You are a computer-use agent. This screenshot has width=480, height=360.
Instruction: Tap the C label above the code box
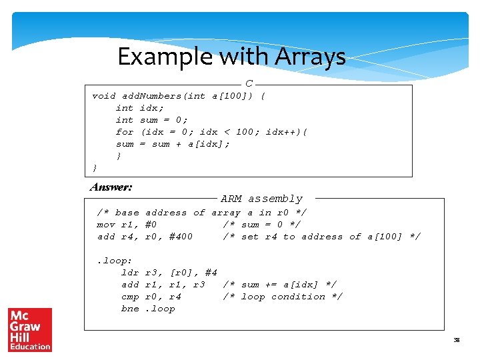pyautogui.click(x=249, y=84)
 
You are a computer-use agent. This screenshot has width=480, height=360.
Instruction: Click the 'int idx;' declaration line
pyautogui.click(x=139, y=108)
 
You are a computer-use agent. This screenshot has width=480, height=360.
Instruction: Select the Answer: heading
pyautogui.click(x=111, y=187)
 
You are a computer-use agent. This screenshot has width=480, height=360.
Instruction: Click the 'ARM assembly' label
pyautogui.click(x=261, y=199)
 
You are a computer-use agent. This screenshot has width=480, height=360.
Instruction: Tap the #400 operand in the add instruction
pyautogui.click(x=181, y=237)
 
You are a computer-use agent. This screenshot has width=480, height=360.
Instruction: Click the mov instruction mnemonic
pyautogui.click(x=106, y=225)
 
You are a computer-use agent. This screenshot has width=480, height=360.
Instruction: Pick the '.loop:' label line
pyautogui.click(x=115, y=261)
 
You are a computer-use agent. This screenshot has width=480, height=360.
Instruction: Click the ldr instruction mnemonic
pyautogui.click(x=130, y=273)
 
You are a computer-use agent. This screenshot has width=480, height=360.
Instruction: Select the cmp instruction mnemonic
pyautogui.click(x=130, y=297)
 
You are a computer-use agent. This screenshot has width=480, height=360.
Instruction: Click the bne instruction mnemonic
pyautogui.click(x=130, y=309)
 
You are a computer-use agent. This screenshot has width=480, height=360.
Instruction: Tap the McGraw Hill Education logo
pyautogui.click(x=29, y=329)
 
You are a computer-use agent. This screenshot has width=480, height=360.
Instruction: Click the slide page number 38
pyautogui.click(x=457, y=341)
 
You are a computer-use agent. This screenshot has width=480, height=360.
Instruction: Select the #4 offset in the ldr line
pyautogui.click(x=211, y=273)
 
